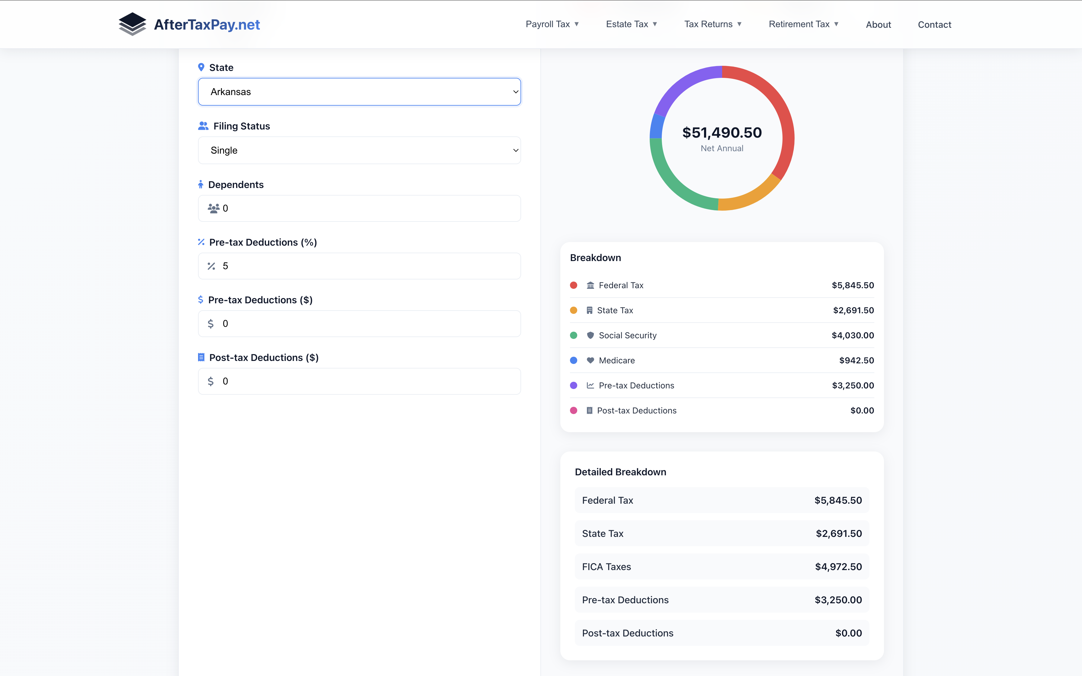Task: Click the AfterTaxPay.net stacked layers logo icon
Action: click(x=132, y=24)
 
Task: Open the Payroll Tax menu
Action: click(x=552, y=24)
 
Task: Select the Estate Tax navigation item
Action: click(x=631, y=24)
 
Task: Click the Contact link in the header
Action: click(x=934, y=24)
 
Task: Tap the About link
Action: click(x=878, y=24)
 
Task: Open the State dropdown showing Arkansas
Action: click(x=359, y=92)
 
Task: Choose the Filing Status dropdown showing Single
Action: click(x=359, y=150)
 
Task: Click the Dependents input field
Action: click(x=359, y=208)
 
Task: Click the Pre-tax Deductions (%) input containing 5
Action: click(x=359, y=266)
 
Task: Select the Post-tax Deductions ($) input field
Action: click(x=359, y=381)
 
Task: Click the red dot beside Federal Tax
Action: click(x=574, y=285)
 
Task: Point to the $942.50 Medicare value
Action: click(x=856, y=360)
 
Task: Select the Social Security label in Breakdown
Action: click(x=627, y=335)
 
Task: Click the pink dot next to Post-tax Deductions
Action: click(x=574, y=410)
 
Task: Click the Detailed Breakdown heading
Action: click(x=620, y=472)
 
